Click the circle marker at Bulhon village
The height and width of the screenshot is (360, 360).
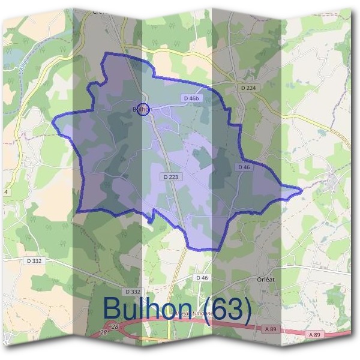click(142, 109)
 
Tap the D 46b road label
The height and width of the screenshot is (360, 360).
click(190, 98)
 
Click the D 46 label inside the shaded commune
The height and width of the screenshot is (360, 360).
click(243, 167)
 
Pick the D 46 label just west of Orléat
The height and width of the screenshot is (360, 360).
click(202, 278)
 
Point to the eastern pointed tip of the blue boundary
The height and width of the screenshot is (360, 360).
click(301, 191)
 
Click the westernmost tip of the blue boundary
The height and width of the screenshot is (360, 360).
click(53, 122)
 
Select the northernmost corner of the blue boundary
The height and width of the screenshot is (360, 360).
click(107, 53)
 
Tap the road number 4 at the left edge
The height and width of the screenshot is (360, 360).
click(6, 192)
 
